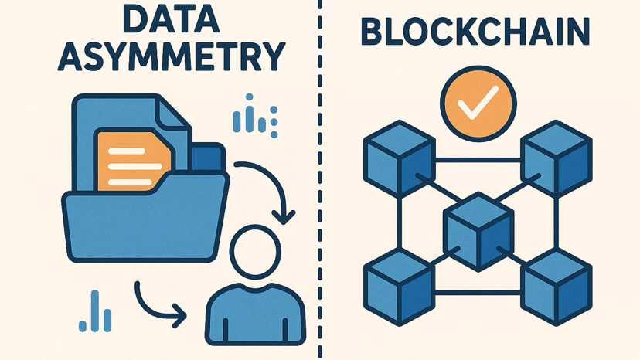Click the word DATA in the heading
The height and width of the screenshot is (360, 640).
tap(172, 19)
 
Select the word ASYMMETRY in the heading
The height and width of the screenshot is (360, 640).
tap(172, 56)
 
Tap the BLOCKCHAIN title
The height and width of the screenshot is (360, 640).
tap(475, 32)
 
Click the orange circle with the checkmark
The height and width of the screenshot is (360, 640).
tap(478, 104)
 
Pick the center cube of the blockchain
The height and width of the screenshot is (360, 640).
tap(478, 232)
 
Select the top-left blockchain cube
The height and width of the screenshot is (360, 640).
tap(399, 159)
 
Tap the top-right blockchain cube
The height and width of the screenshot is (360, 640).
tap(557, 159)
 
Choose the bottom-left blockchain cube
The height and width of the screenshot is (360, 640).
tap(399, 287)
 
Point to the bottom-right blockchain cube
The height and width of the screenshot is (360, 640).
tap(557, 287)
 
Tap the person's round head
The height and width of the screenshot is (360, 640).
tap(255, 252)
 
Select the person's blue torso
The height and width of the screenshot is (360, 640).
tap(255, 314)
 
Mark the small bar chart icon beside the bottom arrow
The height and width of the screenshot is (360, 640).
tap(95, 311)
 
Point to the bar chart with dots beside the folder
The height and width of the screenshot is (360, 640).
tap(255, 116)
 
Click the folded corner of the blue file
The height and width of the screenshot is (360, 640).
tap(173, 113)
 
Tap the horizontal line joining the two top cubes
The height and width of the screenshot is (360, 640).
tap(478, 160)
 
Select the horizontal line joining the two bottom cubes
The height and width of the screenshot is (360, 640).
tap(478, 292)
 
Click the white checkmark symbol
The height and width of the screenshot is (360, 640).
tap(478, 102)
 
